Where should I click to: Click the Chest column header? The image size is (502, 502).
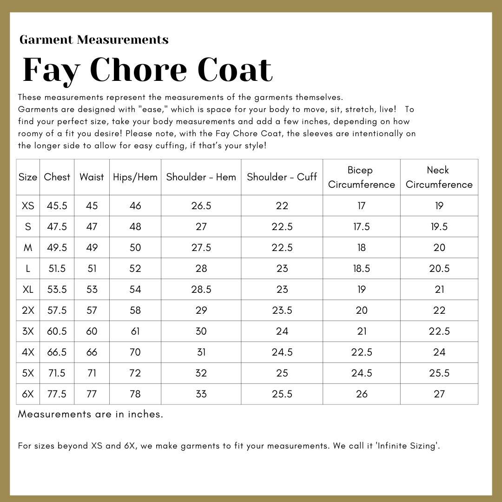57,177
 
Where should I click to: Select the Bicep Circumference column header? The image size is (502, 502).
361,177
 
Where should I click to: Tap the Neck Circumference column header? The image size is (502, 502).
439,177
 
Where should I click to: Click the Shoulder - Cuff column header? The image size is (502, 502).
282,177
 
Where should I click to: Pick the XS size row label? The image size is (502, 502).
28,206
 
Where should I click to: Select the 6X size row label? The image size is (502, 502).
28,394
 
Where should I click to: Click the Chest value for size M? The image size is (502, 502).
57,248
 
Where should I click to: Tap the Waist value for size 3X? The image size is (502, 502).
92,331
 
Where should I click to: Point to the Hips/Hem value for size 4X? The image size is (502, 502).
135,352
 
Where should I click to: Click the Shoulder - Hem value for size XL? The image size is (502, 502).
201,290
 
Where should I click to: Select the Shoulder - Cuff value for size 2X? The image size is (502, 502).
282,310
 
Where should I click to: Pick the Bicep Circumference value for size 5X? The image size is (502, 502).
361,373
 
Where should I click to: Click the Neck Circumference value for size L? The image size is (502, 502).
439,269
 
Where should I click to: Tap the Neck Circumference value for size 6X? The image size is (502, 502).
439,394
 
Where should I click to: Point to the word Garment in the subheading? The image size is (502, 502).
46,40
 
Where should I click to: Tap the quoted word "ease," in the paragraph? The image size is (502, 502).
151,110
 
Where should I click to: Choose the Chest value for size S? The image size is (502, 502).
57,227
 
